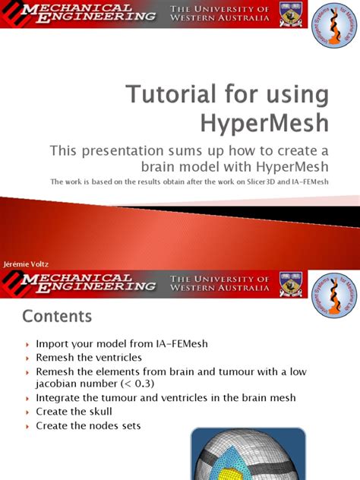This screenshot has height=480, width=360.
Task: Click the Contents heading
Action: tap(57, 314)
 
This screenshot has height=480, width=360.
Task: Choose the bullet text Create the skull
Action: tap(74, 412)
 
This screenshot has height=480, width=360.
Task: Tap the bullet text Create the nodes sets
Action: tap(88, 425)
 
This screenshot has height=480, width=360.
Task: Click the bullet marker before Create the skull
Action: tap(27, 412)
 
